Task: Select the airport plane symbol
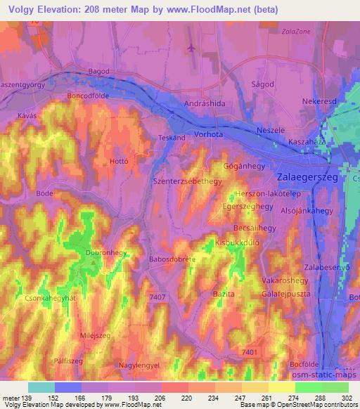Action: point(191,48)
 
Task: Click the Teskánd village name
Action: point(172,138)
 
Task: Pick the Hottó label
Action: point(119,161)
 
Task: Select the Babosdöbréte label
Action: point(173,259)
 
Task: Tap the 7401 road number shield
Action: point(249,351)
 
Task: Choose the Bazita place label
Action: point(223,293)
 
